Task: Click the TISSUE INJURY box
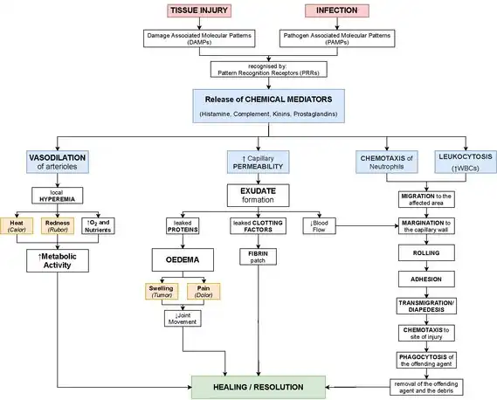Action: click(199, 10)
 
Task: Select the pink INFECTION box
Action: click(337, 10)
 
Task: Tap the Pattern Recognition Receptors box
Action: click(269, 69)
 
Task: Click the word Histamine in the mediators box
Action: click(216, 114)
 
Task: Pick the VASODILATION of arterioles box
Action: click(58, 162)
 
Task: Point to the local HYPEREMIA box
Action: click(58, 196)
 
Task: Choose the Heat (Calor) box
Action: click(17, 226)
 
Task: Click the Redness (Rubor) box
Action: click(58, 226)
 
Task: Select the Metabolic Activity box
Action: click(58, 260)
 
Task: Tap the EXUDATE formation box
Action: click(258, 196)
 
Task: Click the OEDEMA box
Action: click(183, 260)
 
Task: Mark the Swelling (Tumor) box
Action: click(162, 292)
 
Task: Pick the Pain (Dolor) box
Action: click(204, 292)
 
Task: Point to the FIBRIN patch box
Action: click(258, 257)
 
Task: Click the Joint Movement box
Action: click(183, 319)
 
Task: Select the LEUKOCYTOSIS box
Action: click(466, 162)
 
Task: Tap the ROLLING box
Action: click(426, 253)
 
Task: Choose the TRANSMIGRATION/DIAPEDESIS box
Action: click(426, 307)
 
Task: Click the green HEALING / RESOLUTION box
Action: click(259, 387)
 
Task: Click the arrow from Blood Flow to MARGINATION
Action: click(367, 226)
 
